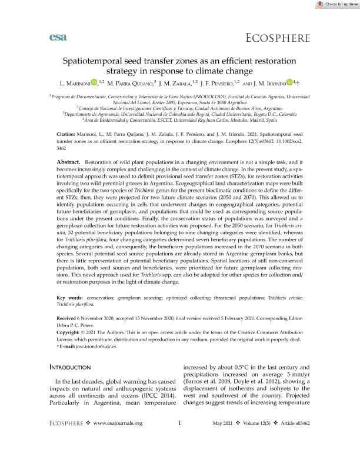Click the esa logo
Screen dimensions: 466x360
click(58, 38)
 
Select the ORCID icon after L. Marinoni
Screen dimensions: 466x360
click(94, 83)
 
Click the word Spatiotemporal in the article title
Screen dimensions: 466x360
click(99, 61)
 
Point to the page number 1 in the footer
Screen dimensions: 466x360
click(179, 439)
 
